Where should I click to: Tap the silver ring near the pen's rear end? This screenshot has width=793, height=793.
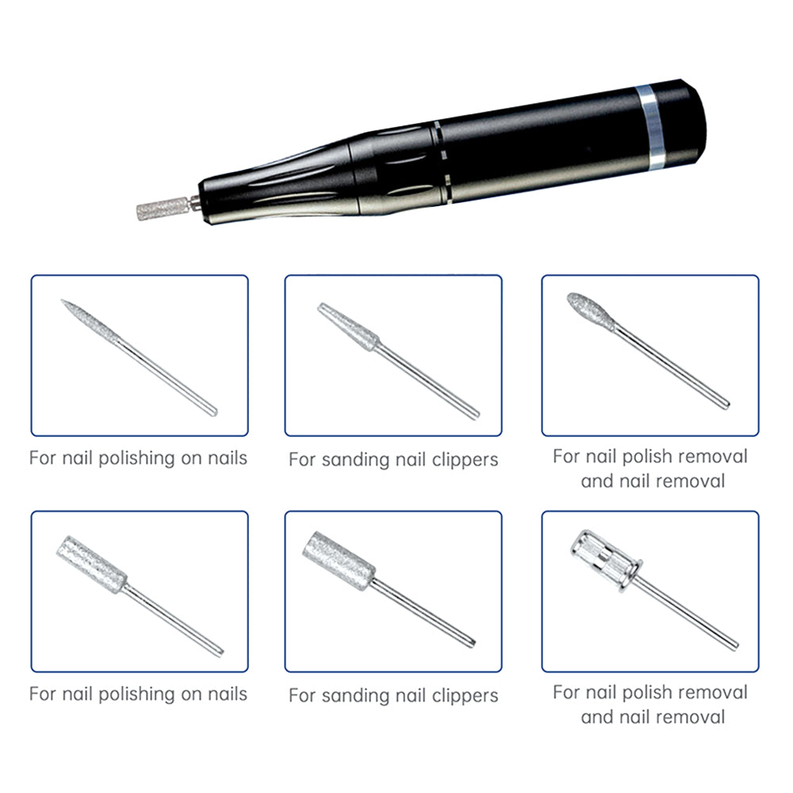651,128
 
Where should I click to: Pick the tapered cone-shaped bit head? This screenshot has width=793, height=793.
348,326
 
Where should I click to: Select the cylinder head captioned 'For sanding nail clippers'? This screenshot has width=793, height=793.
339,561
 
